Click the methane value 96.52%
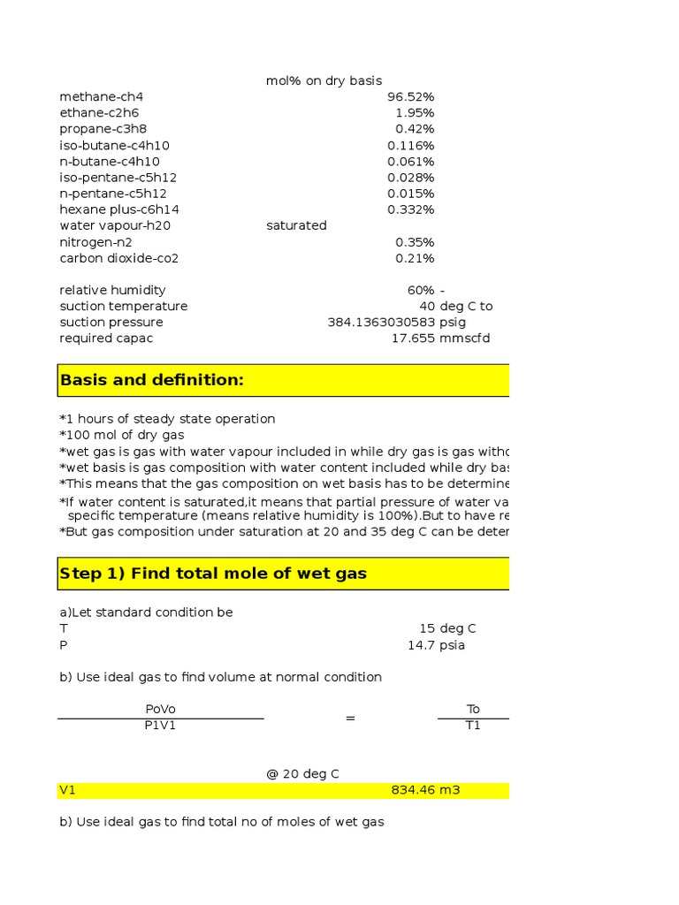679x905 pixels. coord(410,97)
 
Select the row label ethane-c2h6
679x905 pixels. coord(99,113)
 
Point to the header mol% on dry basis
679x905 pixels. coord(324,81)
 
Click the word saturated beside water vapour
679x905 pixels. coord(296,225)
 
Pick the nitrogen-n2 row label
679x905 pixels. coord(95,242)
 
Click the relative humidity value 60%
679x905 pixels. coord(421,290)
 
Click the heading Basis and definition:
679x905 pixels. coord(151,380)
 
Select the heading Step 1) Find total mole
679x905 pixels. coord(212,574)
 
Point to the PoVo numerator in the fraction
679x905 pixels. coord(161,710)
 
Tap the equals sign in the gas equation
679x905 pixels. coord(350,719)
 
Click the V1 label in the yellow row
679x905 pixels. coord(68,790)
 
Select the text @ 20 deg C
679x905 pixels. coord(302,774)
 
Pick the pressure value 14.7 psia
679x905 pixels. coord(436,645)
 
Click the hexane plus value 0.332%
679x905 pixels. coord(410,209)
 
